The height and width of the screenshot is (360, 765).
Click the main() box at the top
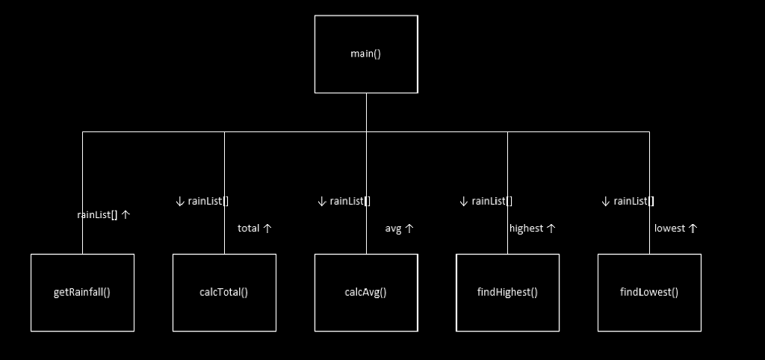point(365,54)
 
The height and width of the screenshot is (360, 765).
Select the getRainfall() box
point(82,292)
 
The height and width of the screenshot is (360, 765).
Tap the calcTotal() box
point(224,292)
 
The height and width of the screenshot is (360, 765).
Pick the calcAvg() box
point(365,292)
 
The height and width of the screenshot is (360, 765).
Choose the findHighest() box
point(507,292)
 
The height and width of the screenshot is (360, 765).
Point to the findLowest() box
point(649,292)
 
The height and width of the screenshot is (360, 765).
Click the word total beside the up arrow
point(248,229)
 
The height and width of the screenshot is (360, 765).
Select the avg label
point(393,229)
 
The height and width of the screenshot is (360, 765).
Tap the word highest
point(526,229)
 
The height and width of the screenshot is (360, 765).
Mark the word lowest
point(669,229)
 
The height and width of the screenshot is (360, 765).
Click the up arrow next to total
point(267,229)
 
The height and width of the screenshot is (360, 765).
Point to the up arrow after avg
point(409,229)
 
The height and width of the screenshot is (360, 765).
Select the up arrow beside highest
point(551,229)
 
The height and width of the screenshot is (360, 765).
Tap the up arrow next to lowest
point(693,229)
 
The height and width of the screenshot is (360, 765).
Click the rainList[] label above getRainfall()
point(97,214)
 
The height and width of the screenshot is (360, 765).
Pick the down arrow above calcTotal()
point(179,201)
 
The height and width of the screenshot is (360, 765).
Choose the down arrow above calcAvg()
point(321,201)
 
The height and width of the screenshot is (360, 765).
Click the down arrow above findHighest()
point(463,201)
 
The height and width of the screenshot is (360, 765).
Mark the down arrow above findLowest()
point(605,201)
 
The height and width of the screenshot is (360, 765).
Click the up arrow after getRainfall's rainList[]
point(126,214)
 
